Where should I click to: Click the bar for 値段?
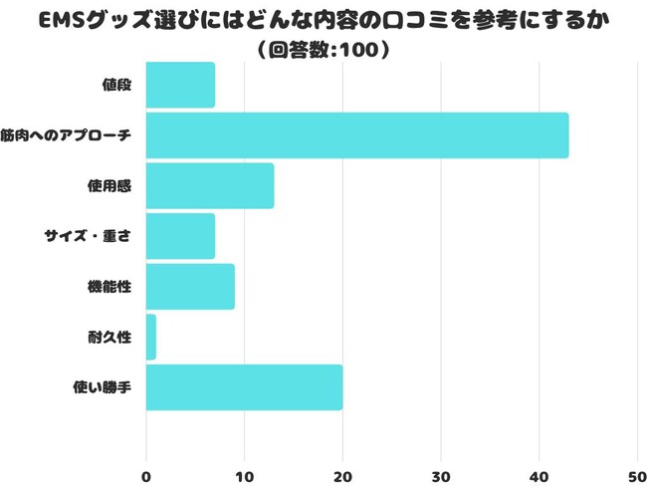click(x=180, y=85)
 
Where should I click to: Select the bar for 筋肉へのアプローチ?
click(x=357, y=135)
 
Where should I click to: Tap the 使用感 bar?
click(x=210, y=186)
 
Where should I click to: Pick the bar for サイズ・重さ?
click(x=180, y=236)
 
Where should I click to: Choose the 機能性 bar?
click(x=190, y=287)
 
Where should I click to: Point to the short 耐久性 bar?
click(x=151, y=337)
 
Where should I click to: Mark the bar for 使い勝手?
click(x=245, y=387)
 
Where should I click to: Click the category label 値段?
click(x=116, y=85)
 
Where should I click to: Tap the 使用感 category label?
click(x=109, y=186)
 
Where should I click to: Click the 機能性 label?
click(x=109, y=287)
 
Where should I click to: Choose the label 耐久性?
click(x=109, y=337)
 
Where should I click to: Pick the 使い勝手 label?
click(x=104, y=387)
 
